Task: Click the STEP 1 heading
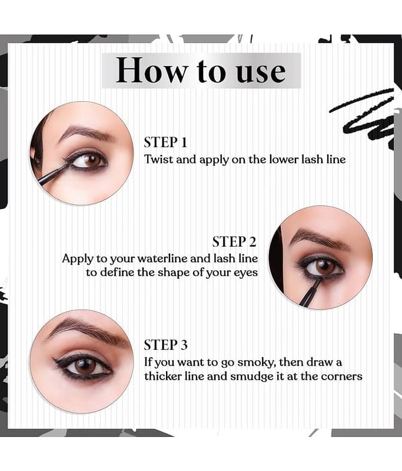(x=165, y=142)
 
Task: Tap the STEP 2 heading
(x=234, y=242)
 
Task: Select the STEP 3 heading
(x=165, y=345)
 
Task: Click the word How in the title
(x=151, y=70)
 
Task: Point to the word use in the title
(x=261, y=72)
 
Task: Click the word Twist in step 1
(x=159, y=159)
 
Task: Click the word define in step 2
(x=117, y=273)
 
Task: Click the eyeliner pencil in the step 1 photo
(x=53, y=174)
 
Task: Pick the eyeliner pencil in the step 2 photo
(x=309, y=293)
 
